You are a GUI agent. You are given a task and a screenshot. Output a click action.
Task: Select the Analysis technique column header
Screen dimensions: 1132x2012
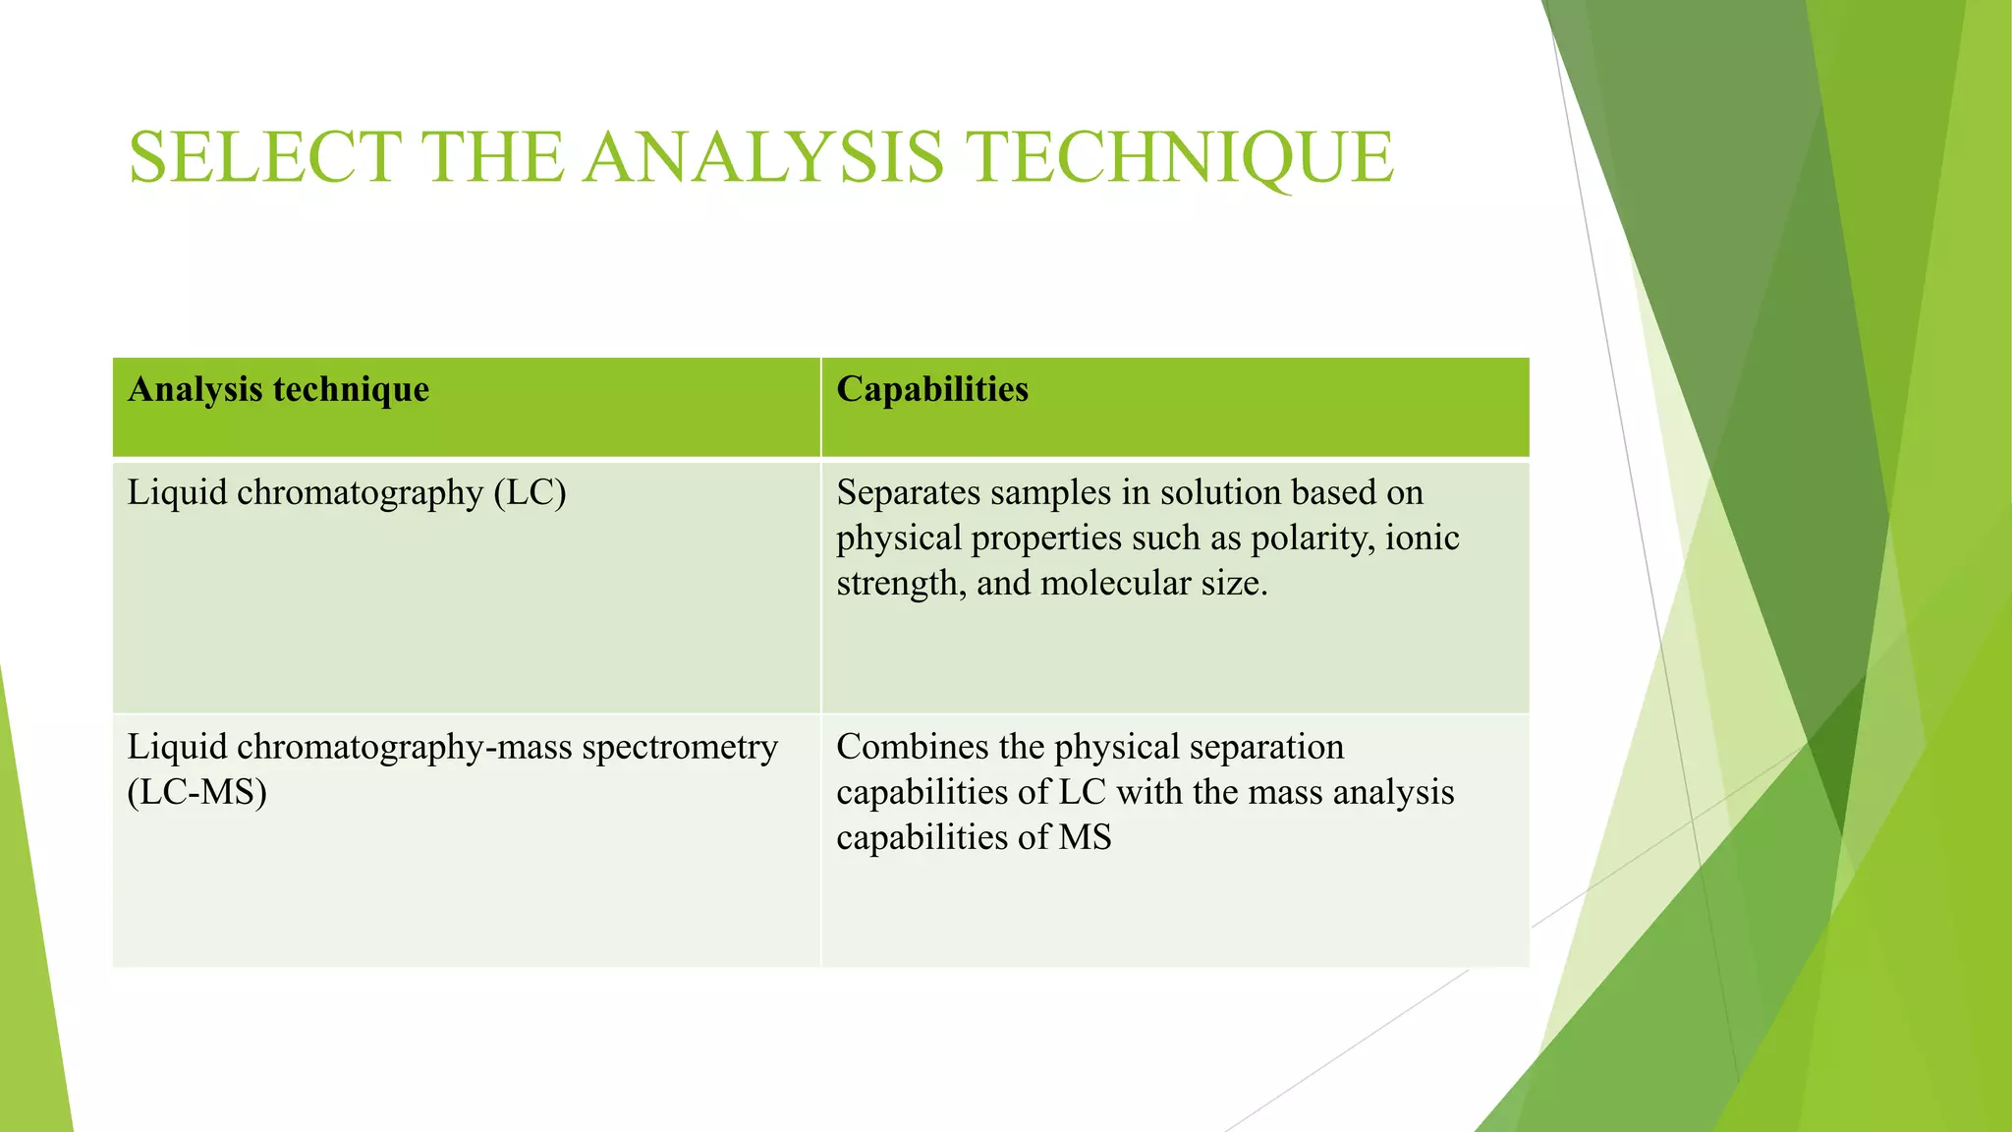point(278,390)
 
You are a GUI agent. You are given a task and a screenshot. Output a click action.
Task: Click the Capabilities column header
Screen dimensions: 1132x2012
point(932,390)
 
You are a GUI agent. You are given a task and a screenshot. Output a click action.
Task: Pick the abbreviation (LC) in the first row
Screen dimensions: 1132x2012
point(530,492)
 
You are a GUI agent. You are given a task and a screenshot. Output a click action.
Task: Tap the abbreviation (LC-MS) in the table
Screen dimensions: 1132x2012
point(196,792)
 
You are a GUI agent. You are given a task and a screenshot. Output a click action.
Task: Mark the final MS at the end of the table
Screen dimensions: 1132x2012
point(1085,837)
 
